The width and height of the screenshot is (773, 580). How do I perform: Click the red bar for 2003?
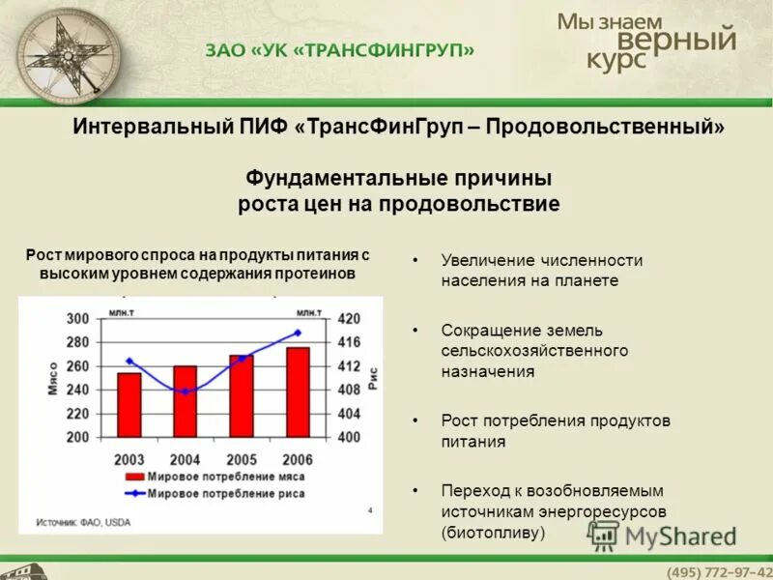(129, 404)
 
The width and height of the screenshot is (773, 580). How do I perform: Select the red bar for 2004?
(185, 400)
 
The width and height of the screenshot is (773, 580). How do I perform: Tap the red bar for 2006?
(298, 391)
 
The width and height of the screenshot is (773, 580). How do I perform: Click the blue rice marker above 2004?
(186, 391)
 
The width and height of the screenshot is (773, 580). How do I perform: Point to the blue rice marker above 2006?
(298, 333)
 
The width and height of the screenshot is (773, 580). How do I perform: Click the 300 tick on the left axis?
(77, 319)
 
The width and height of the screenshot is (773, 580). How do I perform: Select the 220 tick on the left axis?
(77, 414)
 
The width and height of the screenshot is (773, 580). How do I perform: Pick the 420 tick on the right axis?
(348, 319)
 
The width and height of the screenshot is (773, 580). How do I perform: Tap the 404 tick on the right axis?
(348, 414)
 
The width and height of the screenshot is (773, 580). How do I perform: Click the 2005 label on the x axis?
(242, 459)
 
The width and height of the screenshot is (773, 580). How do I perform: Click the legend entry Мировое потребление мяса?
(227, 478)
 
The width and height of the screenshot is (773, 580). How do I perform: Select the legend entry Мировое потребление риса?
(227, 493)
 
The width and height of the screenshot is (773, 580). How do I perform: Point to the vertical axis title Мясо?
(52, 378)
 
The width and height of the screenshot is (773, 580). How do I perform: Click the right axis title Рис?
(371, 378)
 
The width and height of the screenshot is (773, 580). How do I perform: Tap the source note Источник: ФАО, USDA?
(83, 522)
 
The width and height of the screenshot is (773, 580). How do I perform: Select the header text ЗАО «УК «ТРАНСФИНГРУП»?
(339, 50)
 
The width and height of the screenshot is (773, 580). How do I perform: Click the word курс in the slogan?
(617, 59)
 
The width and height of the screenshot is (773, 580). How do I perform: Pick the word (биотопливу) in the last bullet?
(494, 532)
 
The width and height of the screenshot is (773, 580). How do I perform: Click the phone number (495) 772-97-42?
(719, 570)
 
